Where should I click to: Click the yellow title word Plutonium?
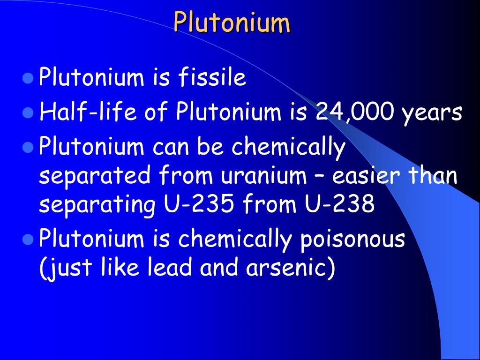tap(232, 22)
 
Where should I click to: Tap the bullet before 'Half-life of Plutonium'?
tap(28, 113)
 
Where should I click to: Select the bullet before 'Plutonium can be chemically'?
tap(28, 148)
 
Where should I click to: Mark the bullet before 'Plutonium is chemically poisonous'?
tap(28, 240)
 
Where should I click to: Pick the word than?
tap(434, 176)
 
